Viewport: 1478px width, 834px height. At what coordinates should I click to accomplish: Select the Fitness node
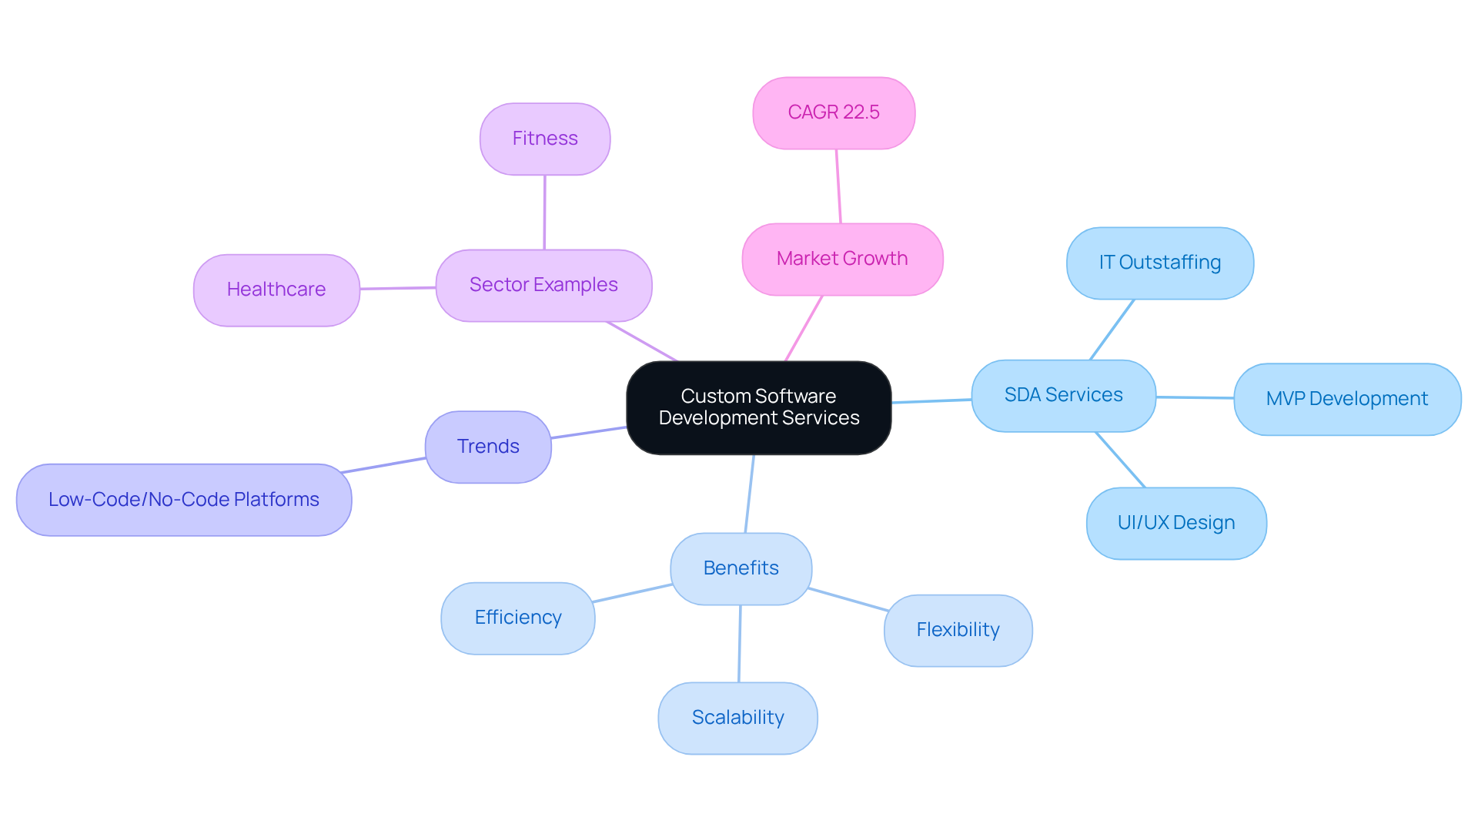[x=545, y=139]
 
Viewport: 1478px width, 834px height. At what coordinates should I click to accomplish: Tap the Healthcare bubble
[x=276, y=290]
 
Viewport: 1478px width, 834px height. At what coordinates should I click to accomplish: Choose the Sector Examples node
[x=543, y=285]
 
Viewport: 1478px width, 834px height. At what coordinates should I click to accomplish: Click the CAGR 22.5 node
[x=834, y=112]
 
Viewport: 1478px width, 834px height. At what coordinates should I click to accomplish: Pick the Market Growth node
[x=842, y=259]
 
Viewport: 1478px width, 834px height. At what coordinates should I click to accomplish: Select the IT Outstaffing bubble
[x=1159, y=263]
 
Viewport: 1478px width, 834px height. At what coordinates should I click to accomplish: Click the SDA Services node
[x=1063, y=395]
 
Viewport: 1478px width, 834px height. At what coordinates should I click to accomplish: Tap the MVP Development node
[x=1346, y=399]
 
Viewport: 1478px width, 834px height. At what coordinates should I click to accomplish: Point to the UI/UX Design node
[x=1175, y=523]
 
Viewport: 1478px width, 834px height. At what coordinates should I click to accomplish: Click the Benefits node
[x=741, y=568]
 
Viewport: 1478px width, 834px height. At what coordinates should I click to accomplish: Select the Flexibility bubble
[x=958, y=630]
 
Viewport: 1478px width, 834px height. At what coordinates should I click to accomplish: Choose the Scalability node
[x=737, y=718]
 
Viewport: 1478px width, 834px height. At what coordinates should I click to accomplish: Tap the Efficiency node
[x=517, y=618]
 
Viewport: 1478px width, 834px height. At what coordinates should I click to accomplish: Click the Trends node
[x=488, y=447]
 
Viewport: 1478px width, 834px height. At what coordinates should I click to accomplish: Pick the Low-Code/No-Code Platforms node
[x=183, y=500]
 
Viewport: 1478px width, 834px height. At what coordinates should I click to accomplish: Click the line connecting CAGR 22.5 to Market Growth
[x=838, y=186]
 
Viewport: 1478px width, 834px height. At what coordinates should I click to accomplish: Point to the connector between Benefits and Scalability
[x=740, y=644]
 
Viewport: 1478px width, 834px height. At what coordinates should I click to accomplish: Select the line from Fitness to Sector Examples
[x=544, y=213]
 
